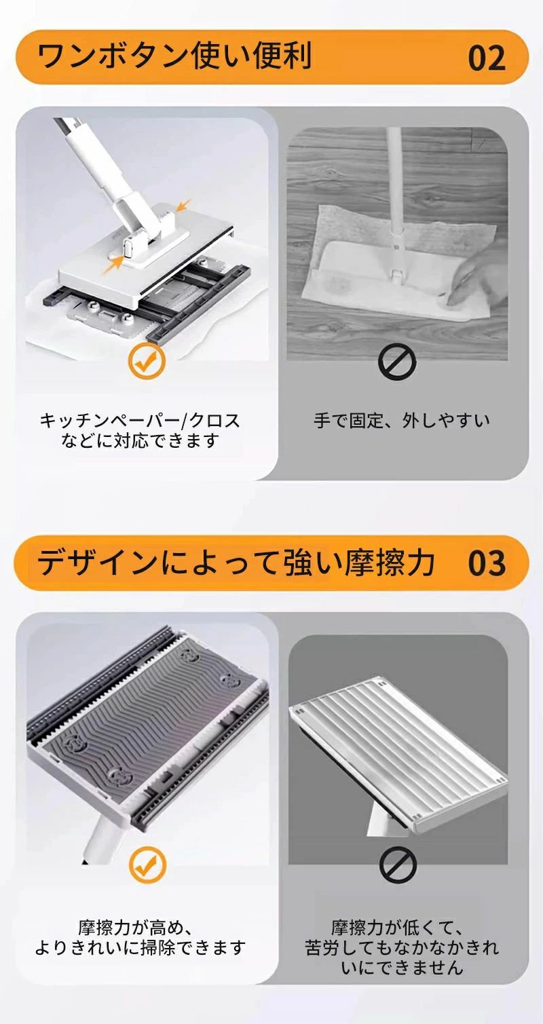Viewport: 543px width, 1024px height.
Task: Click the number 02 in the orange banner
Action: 487,58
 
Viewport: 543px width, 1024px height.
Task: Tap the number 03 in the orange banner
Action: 487,563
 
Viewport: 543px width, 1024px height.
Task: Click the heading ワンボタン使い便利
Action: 174,56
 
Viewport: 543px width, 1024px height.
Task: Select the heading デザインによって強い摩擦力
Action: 236,562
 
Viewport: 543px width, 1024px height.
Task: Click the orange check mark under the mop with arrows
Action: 146,361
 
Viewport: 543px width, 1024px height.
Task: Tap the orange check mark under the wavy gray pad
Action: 147,865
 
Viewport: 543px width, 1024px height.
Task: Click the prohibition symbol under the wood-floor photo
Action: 397,362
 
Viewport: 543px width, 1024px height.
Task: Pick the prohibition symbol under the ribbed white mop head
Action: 398,865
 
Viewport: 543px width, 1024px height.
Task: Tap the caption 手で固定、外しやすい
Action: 402,421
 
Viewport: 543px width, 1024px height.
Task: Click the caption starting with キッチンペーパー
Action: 140,421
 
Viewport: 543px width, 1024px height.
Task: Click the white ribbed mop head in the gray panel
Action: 398,732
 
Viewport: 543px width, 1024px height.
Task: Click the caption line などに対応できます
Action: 140,440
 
